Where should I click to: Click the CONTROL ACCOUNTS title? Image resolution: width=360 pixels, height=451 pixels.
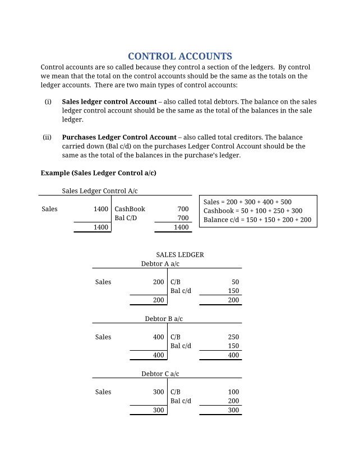(x=180, y=56)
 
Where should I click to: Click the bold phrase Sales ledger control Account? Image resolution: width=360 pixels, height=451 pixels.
(x=109, y=102)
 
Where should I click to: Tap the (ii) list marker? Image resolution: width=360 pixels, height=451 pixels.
(x=47, y=137)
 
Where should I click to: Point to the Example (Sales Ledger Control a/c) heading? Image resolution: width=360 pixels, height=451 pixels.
(x=99, y=173)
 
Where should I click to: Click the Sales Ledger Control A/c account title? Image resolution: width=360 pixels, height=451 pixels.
(x=100, y=191)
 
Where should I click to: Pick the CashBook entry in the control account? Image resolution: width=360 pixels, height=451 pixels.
(x=130, y=210)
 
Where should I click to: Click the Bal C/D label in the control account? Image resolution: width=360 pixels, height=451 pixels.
(x=126, y=218)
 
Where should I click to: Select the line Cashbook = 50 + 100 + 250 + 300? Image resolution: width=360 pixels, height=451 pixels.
(x=253, y=211)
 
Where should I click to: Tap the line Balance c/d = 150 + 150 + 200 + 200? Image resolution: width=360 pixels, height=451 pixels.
(x=257, y=220)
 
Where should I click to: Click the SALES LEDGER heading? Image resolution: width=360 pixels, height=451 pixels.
(x=180, y=255)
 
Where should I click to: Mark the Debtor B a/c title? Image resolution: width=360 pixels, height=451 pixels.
(x=164, y=319)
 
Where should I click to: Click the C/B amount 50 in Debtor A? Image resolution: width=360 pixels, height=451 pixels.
(x=235, y=282)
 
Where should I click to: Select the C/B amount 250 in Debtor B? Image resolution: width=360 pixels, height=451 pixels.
(x=233, y=337)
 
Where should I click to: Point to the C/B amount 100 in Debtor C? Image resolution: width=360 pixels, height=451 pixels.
(x=233, y=392)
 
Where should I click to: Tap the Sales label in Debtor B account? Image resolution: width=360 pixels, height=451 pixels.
(x=103, y=337)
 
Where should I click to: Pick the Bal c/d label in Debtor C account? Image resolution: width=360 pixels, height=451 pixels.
(x=181, y=401)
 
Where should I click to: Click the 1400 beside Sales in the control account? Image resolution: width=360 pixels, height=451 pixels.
(x=101, y=210)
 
